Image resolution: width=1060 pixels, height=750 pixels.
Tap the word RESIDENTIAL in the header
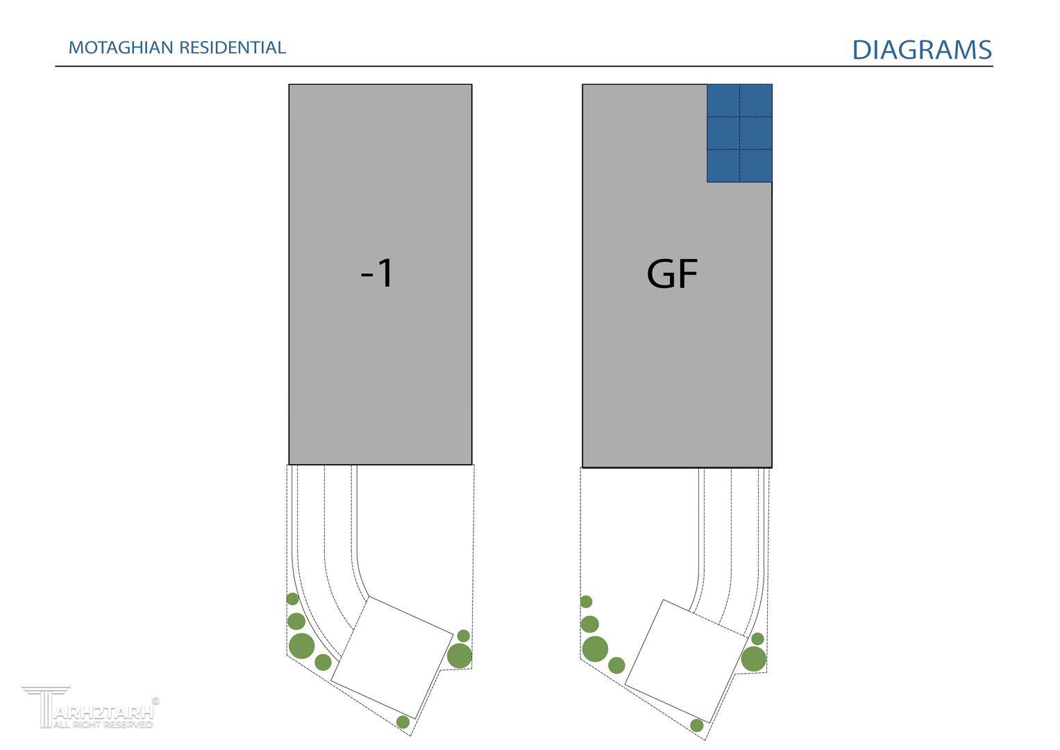click(233, 48)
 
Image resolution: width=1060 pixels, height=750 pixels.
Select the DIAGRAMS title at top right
click(922, 50)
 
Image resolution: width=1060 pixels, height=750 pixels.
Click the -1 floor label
click(378, 273)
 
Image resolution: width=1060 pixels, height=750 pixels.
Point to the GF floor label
click(671, 274)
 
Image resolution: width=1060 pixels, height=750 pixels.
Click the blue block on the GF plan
click(739, 133)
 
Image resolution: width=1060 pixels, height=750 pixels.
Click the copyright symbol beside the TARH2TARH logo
click(155, 701)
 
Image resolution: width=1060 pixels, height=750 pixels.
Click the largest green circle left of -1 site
click(301, 646)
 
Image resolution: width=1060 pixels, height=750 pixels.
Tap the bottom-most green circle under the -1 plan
click(403, 722)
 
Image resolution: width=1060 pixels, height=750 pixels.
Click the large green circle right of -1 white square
click(460, 656)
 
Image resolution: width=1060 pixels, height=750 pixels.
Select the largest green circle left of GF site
click(595, 649)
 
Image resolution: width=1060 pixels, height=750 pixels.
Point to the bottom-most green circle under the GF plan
click(697, 726)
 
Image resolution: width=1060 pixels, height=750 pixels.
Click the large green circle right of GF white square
click(754, 658)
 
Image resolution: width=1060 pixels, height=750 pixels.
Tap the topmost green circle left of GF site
click(586, 601)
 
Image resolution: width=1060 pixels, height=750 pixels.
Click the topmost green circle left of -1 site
click(292, 599)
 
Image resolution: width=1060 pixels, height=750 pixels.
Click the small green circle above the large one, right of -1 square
click(464, 635)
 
